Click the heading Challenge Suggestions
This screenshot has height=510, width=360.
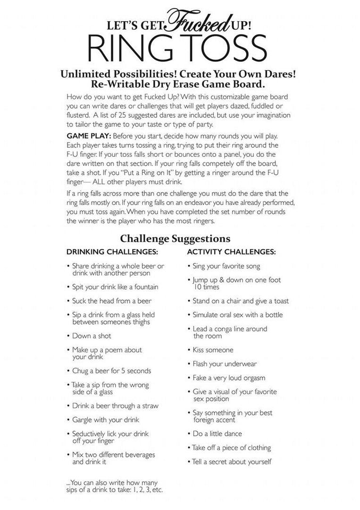[x=175, y=238]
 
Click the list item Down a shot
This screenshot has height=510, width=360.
[x=92, y=336]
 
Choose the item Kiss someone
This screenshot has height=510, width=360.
[x=213, y=350]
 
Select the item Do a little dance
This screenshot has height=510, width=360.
[x=217, y=433]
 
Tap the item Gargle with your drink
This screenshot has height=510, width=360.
[x=106, y=419]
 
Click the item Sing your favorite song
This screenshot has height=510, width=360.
[x=226, y=266]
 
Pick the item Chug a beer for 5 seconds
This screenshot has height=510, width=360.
[x=112, y=371]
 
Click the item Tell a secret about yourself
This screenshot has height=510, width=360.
[x=232, y=461]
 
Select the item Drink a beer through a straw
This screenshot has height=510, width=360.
[x=115, y=406]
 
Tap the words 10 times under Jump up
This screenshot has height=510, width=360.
[x=206, y=287]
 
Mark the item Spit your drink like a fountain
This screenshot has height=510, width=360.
[x=115, y=287]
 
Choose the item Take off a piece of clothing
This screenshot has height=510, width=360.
[x=231, y=448]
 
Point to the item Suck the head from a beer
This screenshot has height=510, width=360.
[x=112, y=301]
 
